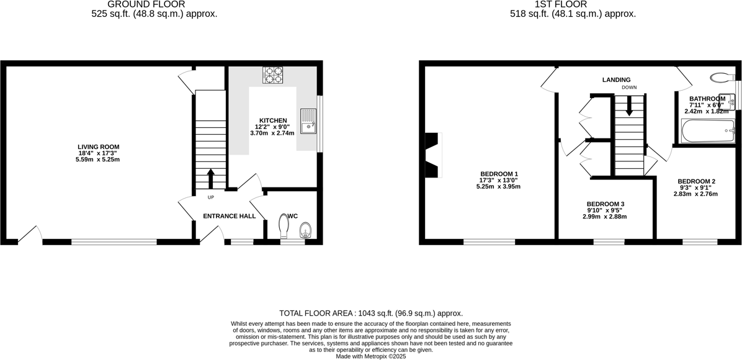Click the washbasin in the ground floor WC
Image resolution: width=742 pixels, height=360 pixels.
click(305, 232)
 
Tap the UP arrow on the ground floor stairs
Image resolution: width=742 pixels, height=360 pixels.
click(210, 178)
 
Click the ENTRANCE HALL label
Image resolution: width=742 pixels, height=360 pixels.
click(230, 216)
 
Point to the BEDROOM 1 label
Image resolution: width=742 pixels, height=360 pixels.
click(499, 174)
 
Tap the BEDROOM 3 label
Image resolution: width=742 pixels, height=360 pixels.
click(606, 204)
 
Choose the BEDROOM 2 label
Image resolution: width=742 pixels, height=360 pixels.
click(695, 181)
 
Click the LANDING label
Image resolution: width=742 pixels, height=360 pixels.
click(616, 79)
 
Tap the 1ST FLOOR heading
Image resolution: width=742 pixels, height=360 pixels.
click(573, 4)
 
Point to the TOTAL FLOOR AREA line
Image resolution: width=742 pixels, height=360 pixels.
click(371, 313)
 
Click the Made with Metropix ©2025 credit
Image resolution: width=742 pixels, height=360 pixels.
click(371, 356)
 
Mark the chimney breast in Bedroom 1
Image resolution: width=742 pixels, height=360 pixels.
click(432, 155)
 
